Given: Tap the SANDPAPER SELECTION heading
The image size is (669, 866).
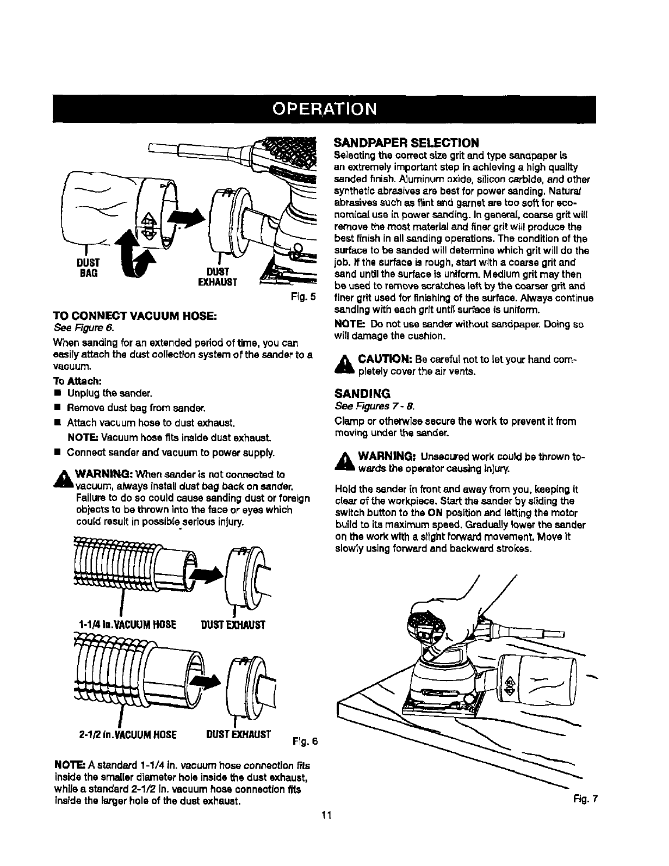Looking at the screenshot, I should click(x=406, y=143).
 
